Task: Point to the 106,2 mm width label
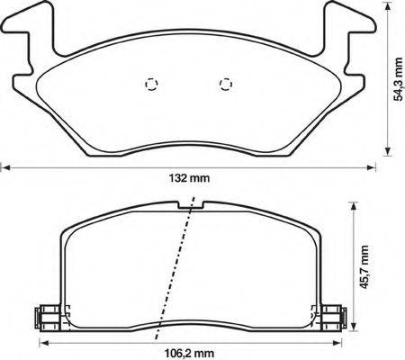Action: [190, 354]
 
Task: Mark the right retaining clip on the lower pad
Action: [335, 316]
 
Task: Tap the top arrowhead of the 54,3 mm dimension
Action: [388, 7]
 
